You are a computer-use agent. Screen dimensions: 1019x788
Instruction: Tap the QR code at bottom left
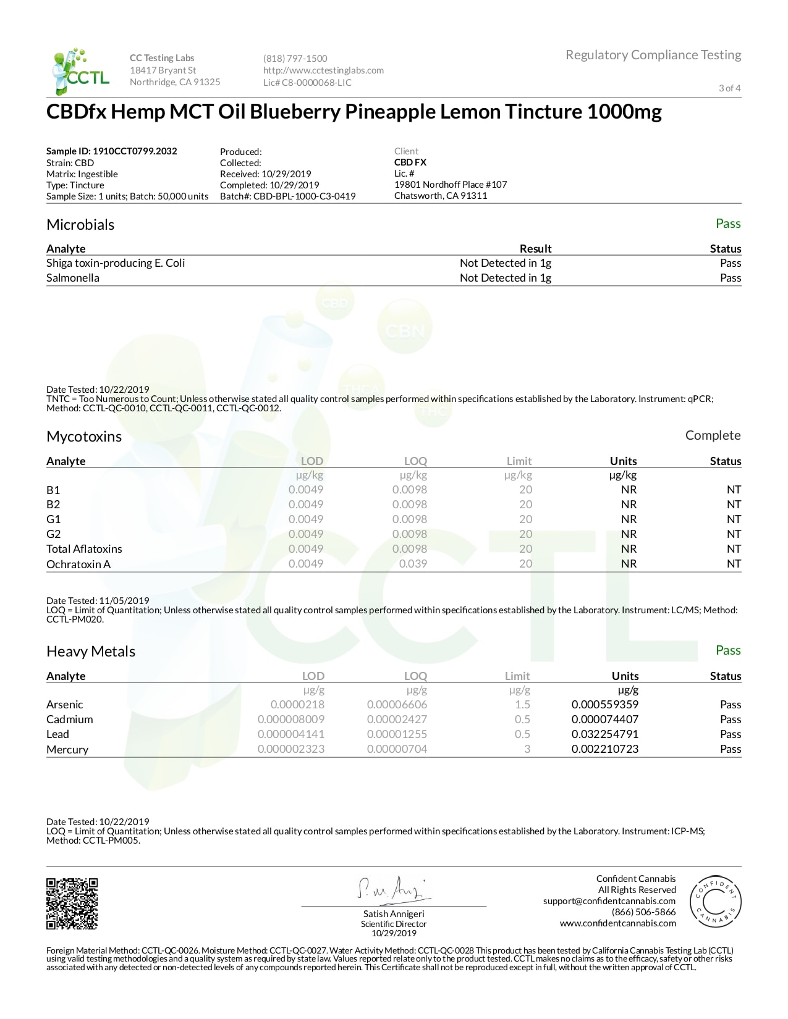tap(72, 904)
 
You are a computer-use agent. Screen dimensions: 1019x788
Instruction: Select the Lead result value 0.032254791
tap(604, 734)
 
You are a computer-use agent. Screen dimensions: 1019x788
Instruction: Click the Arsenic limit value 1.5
tap(522, 705)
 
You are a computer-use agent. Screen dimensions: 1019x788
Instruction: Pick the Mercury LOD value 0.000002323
tap(290, 749)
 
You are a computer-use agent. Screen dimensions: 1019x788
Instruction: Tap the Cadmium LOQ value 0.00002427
tap(397, 719)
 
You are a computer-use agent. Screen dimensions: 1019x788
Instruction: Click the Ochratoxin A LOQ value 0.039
tap(413, 564)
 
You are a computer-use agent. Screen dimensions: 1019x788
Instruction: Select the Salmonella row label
tap(73, 278)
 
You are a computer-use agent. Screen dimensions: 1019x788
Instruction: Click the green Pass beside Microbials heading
tap(727, 224)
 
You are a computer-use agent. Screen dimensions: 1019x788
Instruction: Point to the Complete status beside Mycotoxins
tap(713, 435)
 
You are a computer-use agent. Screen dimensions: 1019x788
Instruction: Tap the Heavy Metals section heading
tap(91, 652)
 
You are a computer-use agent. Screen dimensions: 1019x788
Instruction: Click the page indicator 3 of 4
tap(729, 88)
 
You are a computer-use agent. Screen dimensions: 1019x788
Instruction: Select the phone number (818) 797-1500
tap(295, 59)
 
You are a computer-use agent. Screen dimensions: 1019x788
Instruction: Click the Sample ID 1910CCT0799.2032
tap(112, 151)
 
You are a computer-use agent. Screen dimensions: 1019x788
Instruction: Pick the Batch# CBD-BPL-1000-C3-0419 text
tap(288, 196)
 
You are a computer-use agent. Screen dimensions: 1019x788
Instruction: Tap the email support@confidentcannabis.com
tap(609, 901)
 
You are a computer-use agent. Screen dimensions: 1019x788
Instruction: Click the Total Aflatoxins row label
tap(84, 549)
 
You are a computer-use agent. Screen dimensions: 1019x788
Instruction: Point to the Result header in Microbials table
tap(535, 249)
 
